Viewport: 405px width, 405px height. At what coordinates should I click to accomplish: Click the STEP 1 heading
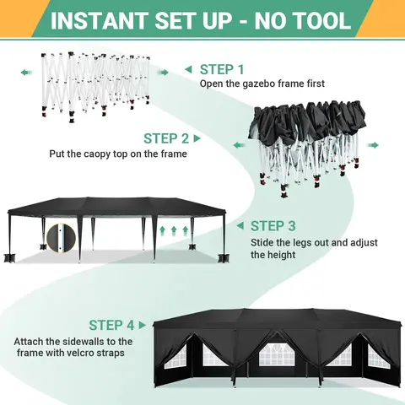pyautogui.click(x=222, y=69)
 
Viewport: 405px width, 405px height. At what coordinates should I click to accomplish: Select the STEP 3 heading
pyautogui.click(x=273, y=225)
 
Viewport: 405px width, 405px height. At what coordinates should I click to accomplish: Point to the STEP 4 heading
pyautogui.click(x=112, y=325)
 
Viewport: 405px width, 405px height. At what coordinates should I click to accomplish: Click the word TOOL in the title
pyautogui.click(x=319, y=20)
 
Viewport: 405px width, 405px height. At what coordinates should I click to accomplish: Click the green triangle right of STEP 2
pyautogui.click(x=197, y=138)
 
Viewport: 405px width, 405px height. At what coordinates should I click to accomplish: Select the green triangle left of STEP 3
pyautogui.click(x=241, y=226)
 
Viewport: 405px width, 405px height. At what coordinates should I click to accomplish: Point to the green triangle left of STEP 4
pyautogui.click(x=144, y=325)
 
